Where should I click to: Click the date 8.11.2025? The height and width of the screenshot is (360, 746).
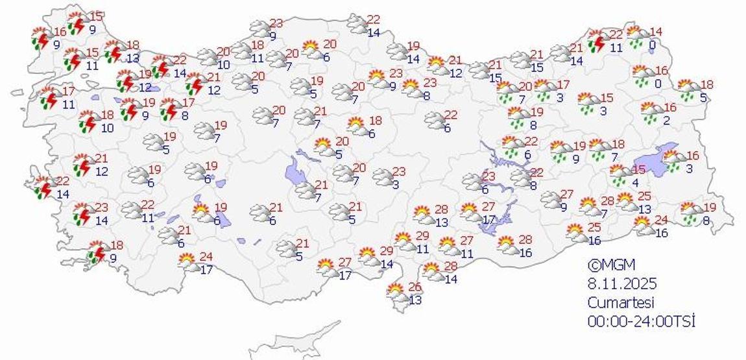[622, 283]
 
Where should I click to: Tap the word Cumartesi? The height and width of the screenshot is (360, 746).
[620, 302]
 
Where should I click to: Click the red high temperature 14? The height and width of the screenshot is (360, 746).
[656, 32]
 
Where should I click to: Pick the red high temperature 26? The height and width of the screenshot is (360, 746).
[415, 287]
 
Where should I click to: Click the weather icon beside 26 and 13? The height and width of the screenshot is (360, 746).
[396, 294]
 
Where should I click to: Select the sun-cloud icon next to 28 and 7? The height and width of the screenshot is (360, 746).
[588, 207]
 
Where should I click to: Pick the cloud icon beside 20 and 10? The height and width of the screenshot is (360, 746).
[208, 58]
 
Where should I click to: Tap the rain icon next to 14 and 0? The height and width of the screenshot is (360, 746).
[638, 38]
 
